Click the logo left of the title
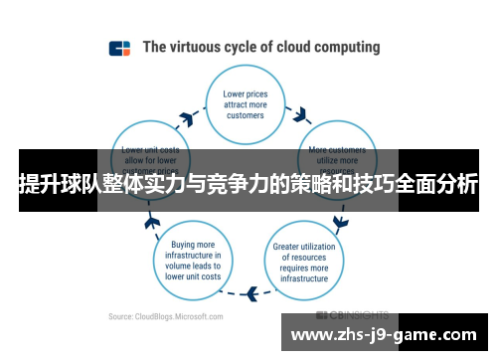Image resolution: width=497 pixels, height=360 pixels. pos(120,48)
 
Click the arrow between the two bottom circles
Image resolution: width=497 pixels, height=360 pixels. pos(251,292)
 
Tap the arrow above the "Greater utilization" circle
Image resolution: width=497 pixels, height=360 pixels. pos(341,220)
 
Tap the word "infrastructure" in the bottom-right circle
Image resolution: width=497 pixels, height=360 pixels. pos(303,278)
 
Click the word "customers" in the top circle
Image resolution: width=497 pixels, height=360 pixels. pos(244,114)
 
